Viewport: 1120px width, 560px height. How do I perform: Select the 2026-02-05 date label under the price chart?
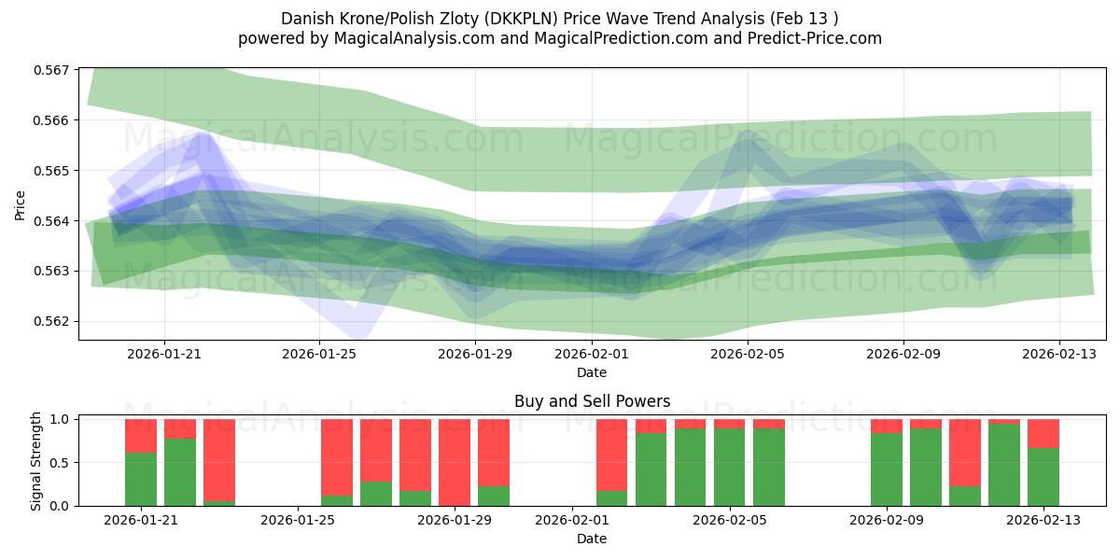pyautogui.click(x=747, y=354)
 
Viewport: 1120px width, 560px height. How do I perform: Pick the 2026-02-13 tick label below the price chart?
pyautogui.click(x=1058, y=354)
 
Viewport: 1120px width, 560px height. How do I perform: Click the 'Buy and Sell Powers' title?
pyautogui.click(x=592, y=402)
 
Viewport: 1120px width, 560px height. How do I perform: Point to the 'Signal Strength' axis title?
pyautogui.click(x=37, y=460)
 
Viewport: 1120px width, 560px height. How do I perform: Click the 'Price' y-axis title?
pyautogui.click(x=21, y=204)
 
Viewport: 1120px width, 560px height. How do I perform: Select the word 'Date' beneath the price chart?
pyautogui.click(x=592, y=372)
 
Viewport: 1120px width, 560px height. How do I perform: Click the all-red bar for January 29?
pyautogui.click(x=455, y=462)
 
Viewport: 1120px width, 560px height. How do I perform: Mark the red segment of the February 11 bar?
pyautogui.click(x=965, y=453)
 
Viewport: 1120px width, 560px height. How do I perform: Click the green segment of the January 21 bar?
pyautogui.click(x=141, y=479)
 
